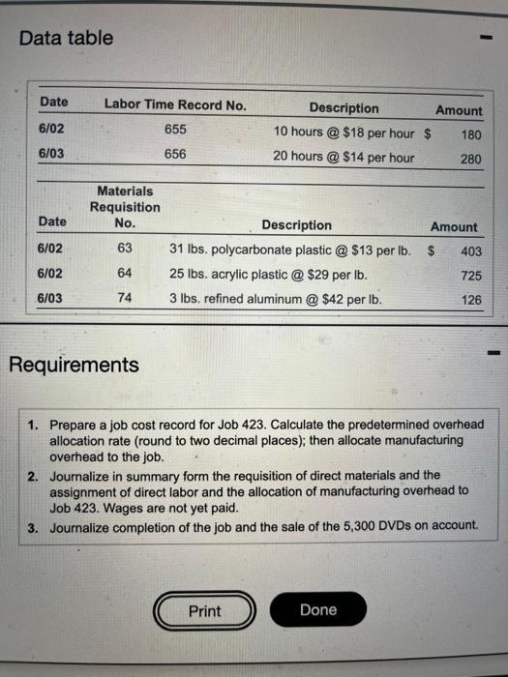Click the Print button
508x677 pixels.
[204, 610]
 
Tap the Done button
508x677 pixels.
[318, 609]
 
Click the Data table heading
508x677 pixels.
[66, 39]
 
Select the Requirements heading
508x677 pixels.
[74, 365]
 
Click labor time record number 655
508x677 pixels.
[176, 129]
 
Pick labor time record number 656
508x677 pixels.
[176, 154]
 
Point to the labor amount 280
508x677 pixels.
[470, 158]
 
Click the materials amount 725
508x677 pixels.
[470, 276]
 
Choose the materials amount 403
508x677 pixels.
[470, 251]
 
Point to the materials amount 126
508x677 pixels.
[470, 301]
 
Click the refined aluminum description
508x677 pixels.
[276, 299]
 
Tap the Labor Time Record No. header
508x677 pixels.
[175, 103]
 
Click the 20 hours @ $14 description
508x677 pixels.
[344, 157]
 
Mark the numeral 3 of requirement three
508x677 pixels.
[33, 526]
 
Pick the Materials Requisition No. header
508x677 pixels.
[126, 207]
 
